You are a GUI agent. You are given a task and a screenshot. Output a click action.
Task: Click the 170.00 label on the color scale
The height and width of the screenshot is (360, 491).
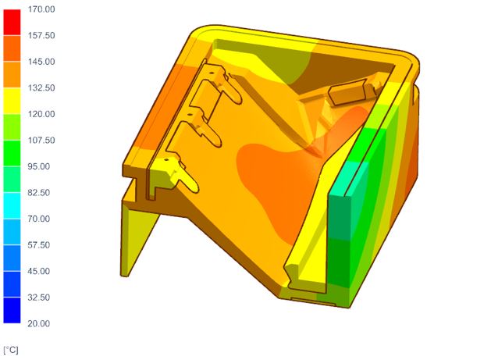pos(41,9)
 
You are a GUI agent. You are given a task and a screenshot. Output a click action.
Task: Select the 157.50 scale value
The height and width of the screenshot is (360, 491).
pos(41,35)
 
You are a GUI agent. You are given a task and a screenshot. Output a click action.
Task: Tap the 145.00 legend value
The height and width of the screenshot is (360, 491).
pos(41,62)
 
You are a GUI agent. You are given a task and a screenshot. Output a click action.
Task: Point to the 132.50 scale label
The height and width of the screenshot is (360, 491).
pos(41,87)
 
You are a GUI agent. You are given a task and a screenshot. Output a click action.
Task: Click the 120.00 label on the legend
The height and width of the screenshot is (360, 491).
pos(41,114)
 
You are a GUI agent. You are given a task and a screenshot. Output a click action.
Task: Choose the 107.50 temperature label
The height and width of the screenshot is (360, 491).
pos(41,140)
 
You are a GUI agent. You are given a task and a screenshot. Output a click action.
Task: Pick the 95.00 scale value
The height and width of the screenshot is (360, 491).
pos(39,166)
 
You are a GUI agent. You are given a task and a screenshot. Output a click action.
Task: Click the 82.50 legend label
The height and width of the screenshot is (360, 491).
pos(39,193)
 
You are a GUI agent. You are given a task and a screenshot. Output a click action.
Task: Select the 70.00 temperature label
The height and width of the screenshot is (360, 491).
pos(39,219)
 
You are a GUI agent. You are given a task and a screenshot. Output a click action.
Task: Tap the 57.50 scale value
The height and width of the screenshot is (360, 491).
pos(39,245)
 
